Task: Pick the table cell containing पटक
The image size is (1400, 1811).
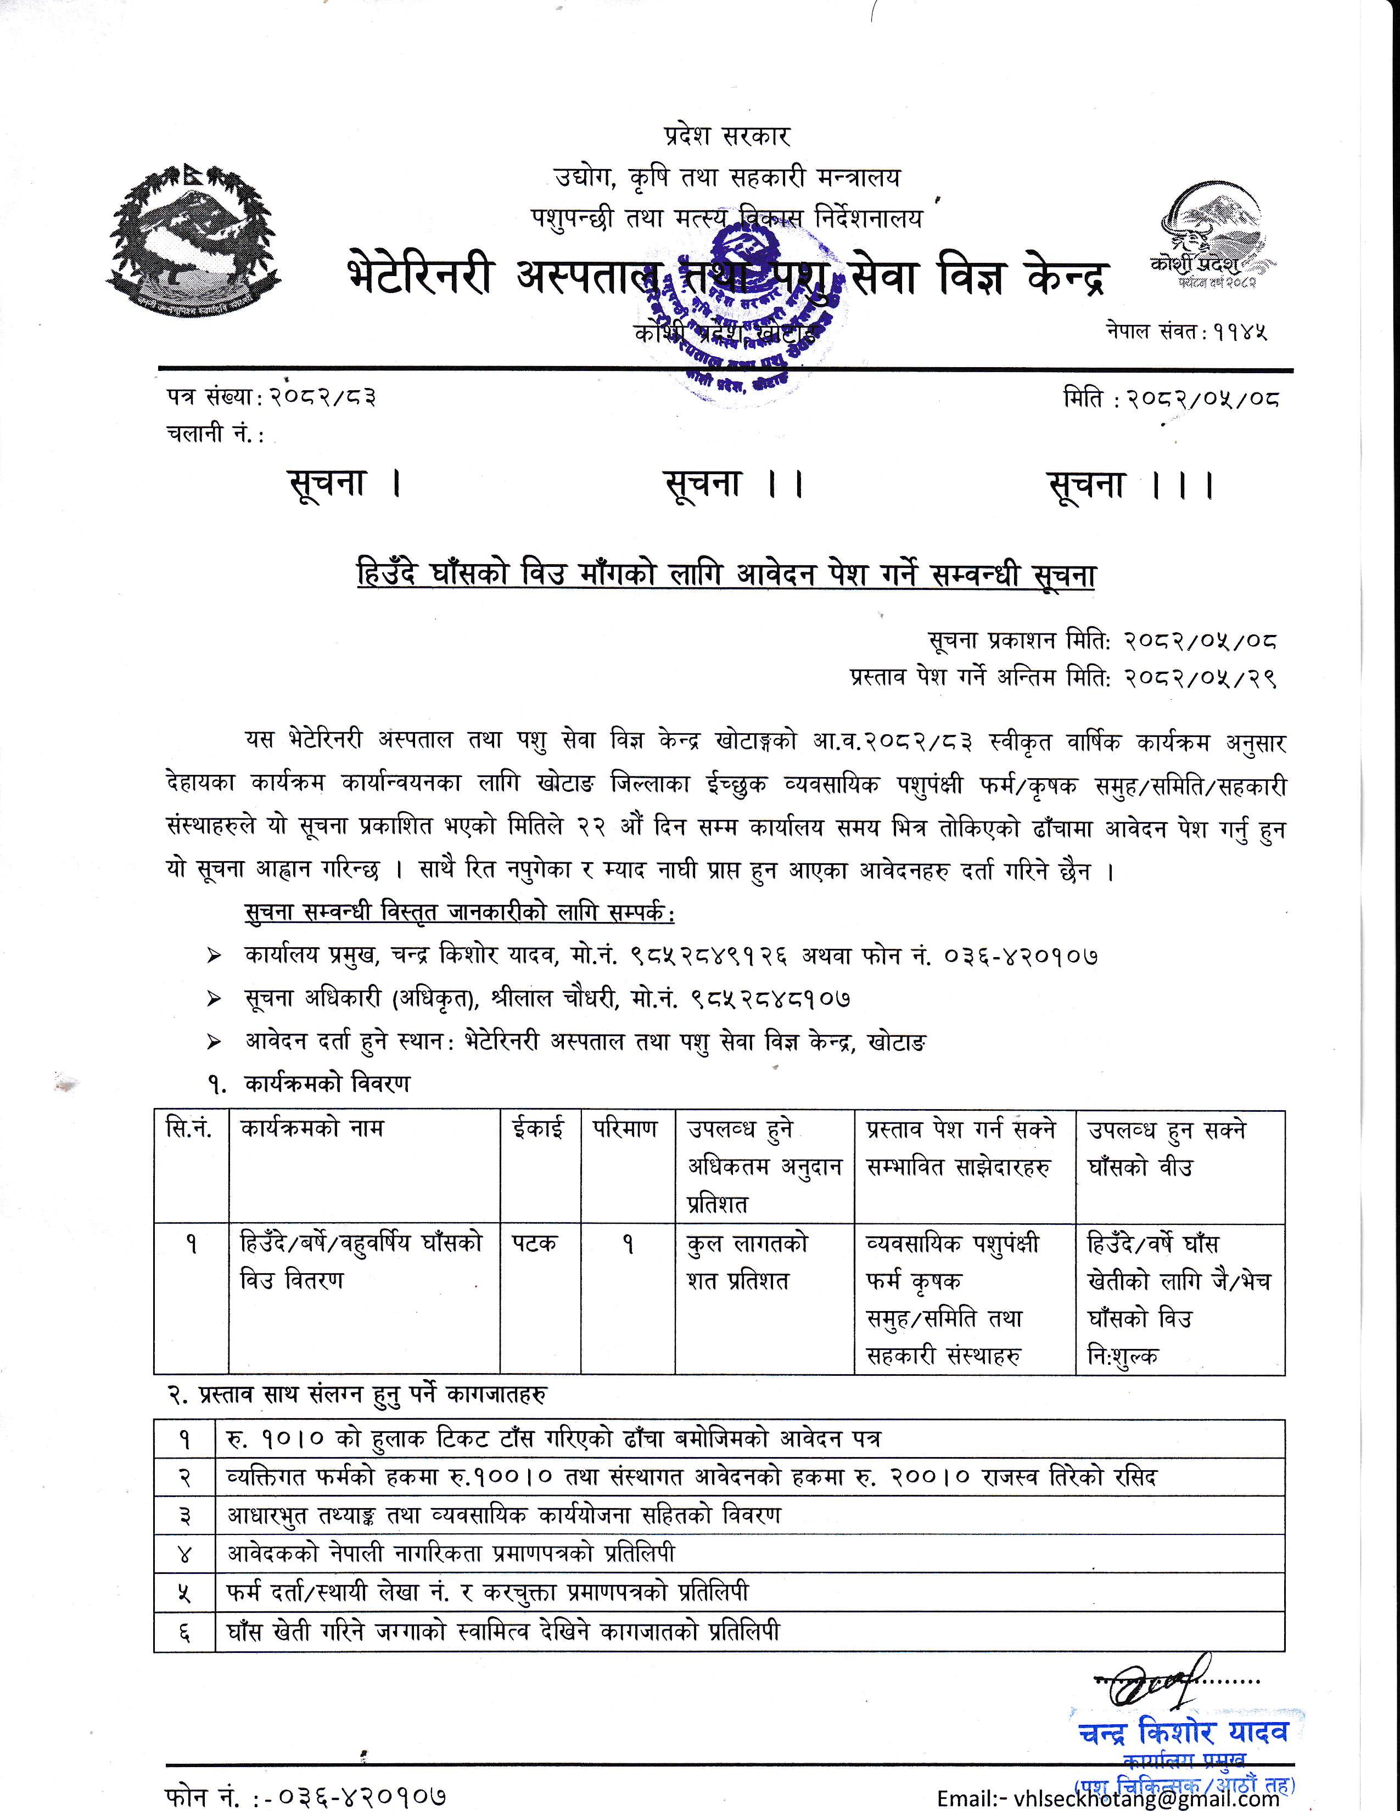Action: tap(534, 1244)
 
